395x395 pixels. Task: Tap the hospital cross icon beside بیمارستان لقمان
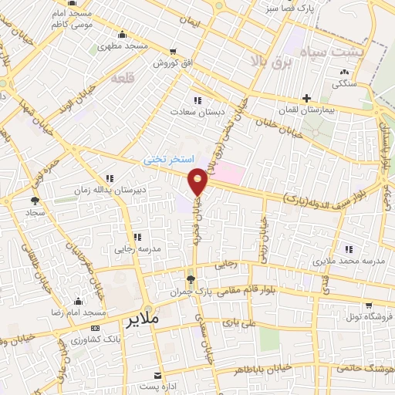point(307,99)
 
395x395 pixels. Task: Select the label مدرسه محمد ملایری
point(349,263)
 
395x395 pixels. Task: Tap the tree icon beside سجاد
point(34,200)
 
